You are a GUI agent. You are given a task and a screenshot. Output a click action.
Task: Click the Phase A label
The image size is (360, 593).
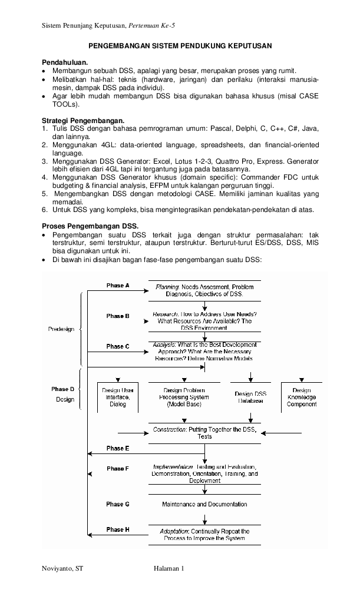pyautogui.click(x=115, y=286)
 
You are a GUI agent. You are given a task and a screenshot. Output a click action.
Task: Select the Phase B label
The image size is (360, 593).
pyautogui.click(x=115, y=316)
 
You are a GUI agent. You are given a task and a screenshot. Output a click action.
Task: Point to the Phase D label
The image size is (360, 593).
pyautogui.click(x=62, y=389)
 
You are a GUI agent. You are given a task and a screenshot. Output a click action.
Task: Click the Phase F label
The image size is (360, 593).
pyautogui.click(x=115, y=469)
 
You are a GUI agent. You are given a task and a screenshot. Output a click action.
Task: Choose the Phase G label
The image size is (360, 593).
pyautogui.click(x=115, y=505)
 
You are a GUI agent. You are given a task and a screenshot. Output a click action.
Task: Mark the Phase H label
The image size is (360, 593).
pyautogui.click(x=115, y=530)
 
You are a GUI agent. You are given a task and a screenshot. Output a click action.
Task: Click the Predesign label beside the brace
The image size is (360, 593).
pyautogui.click(x=61, y=329)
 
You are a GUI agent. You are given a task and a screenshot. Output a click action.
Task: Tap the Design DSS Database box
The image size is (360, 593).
pyautogui.click(x=251, y=397)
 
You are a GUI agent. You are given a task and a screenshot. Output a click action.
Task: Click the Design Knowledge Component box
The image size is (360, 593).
pyautogui.click(x=301, y=397)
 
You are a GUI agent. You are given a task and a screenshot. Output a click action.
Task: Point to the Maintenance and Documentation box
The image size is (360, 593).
pyautogui.click(x=204, y=505)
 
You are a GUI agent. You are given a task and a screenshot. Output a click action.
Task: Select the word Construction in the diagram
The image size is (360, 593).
pyautogui.click(x=169, y=430)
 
